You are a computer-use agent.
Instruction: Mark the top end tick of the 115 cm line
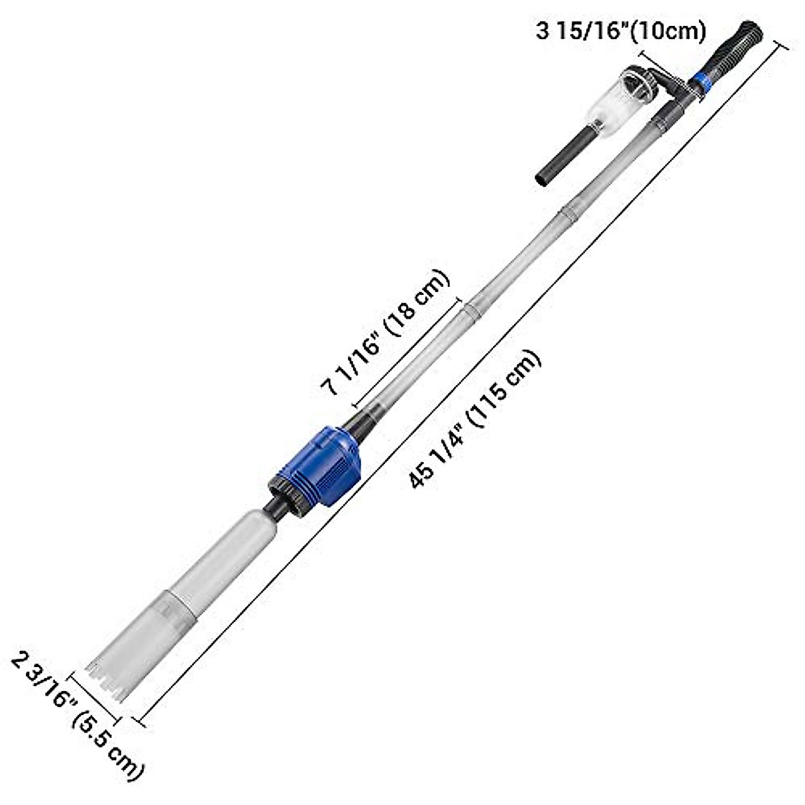[x=781, y=44]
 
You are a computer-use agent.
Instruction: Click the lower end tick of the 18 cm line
[x=354, y=406]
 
